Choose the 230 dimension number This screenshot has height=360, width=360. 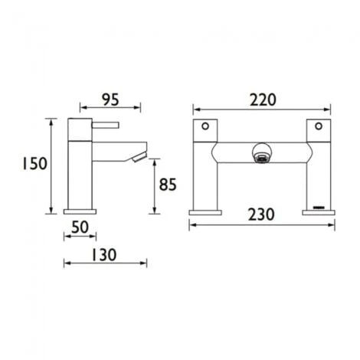[263, 215]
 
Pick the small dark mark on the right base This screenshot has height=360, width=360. [319, 207]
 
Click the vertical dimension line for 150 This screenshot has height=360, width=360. [52, 165]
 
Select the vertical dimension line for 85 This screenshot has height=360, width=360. [156, 184]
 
